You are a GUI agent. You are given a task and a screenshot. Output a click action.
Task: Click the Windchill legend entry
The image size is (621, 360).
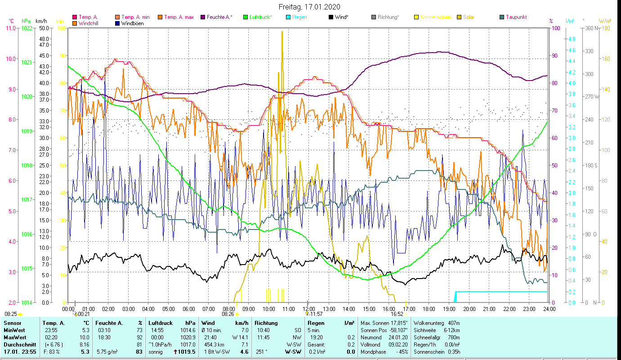coord(88,23)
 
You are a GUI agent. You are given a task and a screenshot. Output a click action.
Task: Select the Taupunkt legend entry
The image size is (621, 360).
coord(516,17)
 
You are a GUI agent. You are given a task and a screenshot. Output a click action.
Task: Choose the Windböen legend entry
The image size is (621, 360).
coord(132,23)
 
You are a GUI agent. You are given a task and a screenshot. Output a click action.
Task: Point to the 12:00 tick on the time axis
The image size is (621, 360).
coord(308,309)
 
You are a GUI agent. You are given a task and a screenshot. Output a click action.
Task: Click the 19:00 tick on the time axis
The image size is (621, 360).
coord(449,309)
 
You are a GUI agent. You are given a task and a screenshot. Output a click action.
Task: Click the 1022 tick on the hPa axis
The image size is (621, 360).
coord(27,28)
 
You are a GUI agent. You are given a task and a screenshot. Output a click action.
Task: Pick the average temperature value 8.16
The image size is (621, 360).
coord(84,344)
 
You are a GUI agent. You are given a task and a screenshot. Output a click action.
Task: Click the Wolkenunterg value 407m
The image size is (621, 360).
coord(453,323)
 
